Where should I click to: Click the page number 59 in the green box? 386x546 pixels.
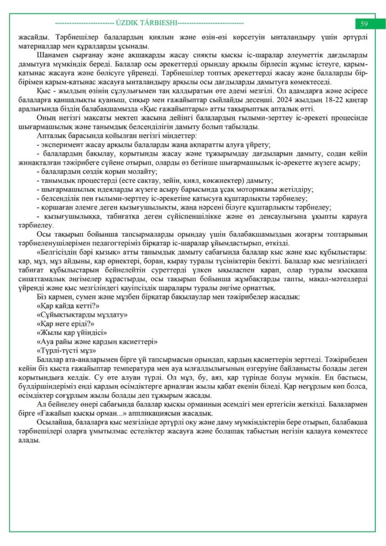click(364, 24)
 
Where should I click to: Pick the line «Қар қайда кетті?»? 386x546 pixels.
click(68, 306)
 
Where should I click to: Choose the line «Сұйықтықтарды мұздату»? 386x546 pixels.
click(82, 314)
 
